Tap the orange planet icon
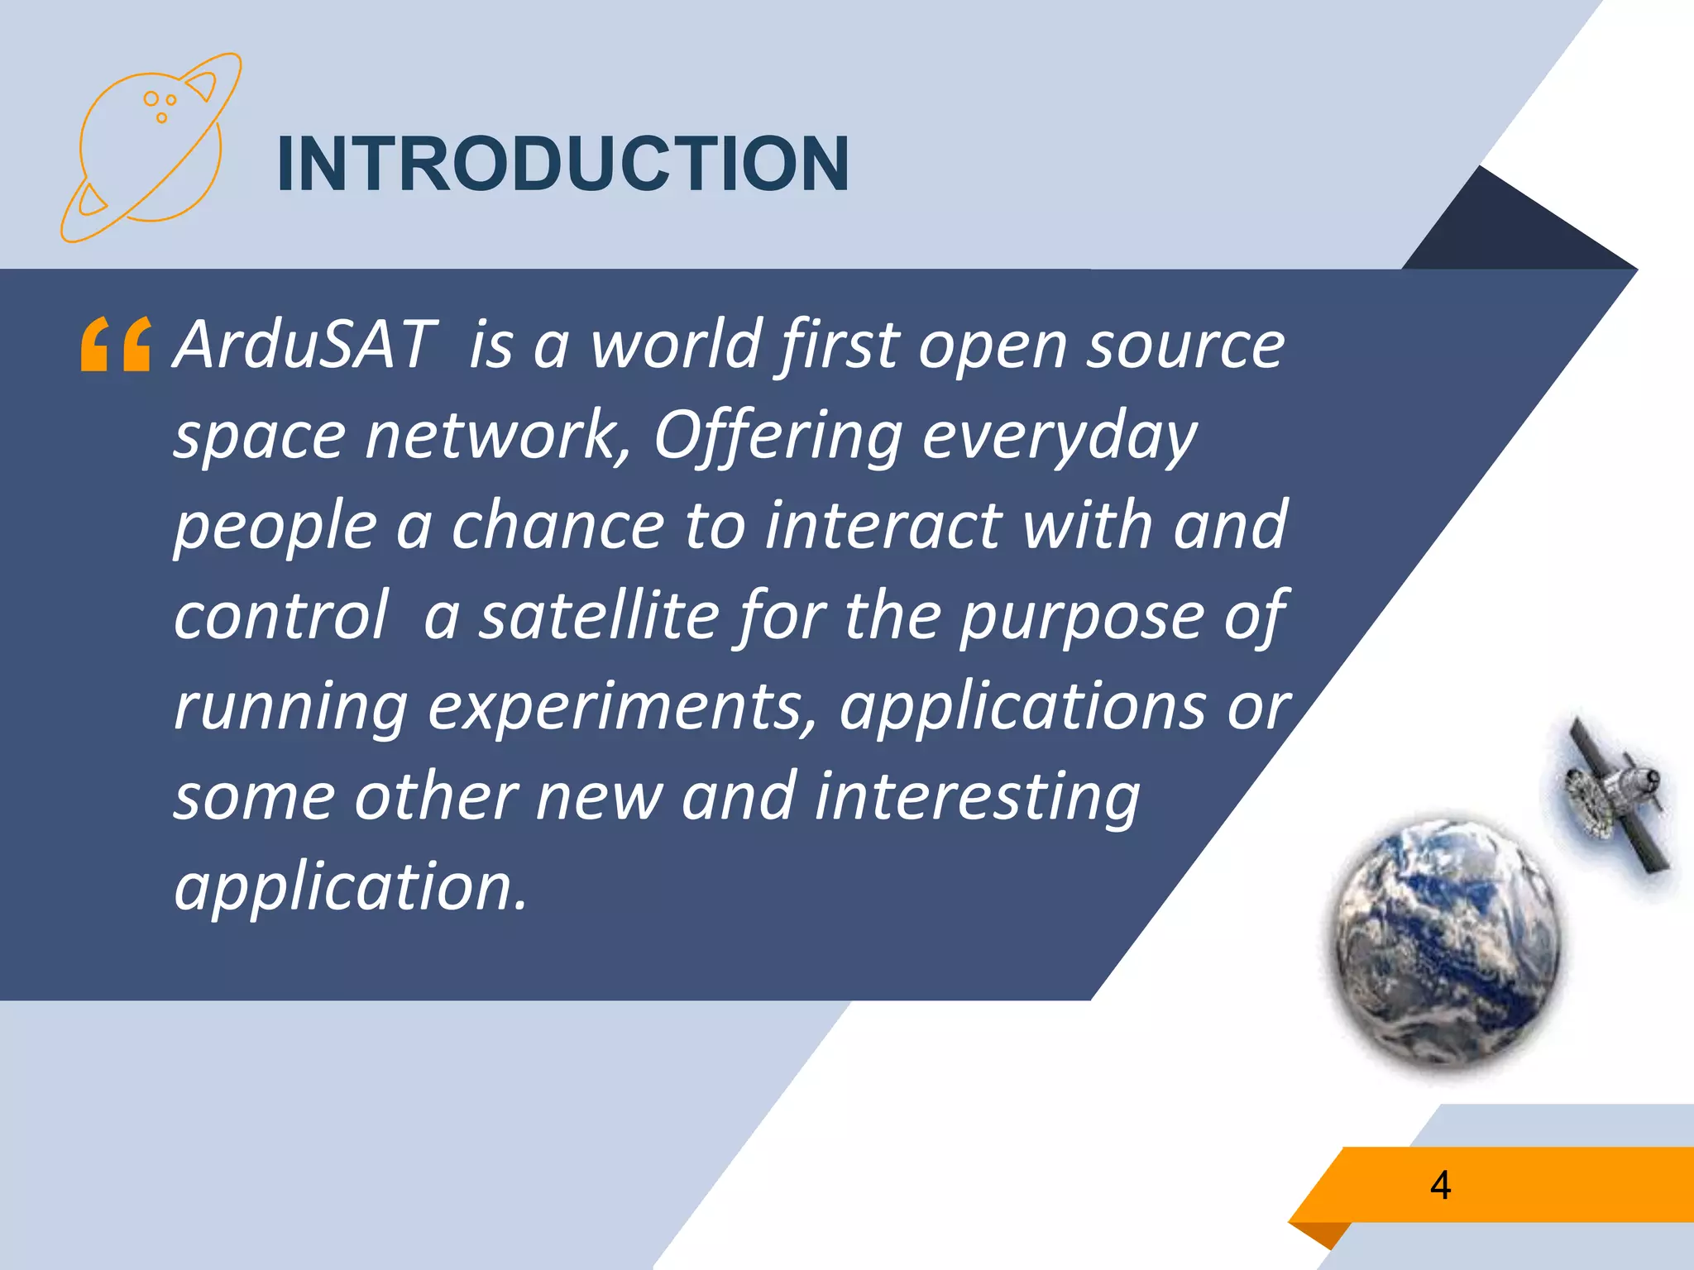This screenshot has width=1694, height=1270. point(151,147)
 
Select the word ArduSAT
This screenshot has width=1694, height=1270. point(304,344)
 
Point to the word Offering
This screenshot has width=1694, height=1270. point(778,436)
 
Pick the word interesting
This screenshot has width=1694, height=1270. point(978,796)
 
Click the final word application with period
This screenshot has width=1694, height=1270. point(350,886)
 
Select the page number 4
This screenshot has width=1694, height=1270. point(1440,1185)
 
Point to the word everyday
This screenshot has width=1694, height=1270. point(1059,436)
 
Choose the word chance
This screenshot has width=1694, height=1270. point(557,526)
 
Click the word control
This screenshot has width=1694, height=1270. point(280,616)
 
